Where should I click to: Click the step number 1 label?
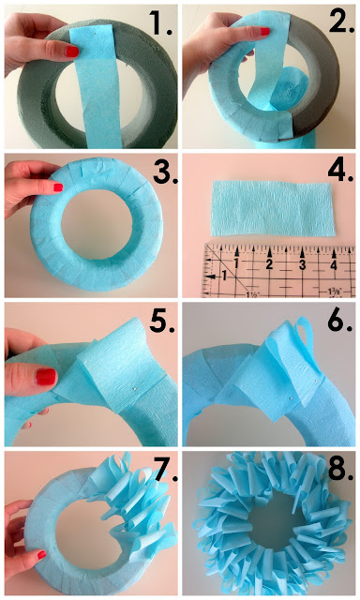click(x=160, y=23)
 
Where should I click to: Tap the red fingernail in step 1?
click(x=72, y=52)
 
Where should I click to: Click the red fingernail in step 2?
click(x=264, y=31)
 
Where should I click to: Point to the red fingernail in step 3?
click(x=58, y=187)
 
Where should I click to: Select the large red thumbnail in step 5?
click(x=46, y=377)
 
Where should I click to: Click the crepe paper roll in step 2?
click(x=289, y=90)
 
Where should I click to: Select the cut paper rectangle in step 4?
click(x=273, y=208)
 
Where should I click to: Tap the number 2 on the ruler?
click(x=269, y=264)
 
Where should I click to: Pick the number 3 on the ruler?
click(x=302, y=264)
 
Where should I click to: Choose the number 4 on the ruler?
click(x=334, y=264)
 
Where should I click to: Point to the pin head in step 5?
click(x=135, y=389)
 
